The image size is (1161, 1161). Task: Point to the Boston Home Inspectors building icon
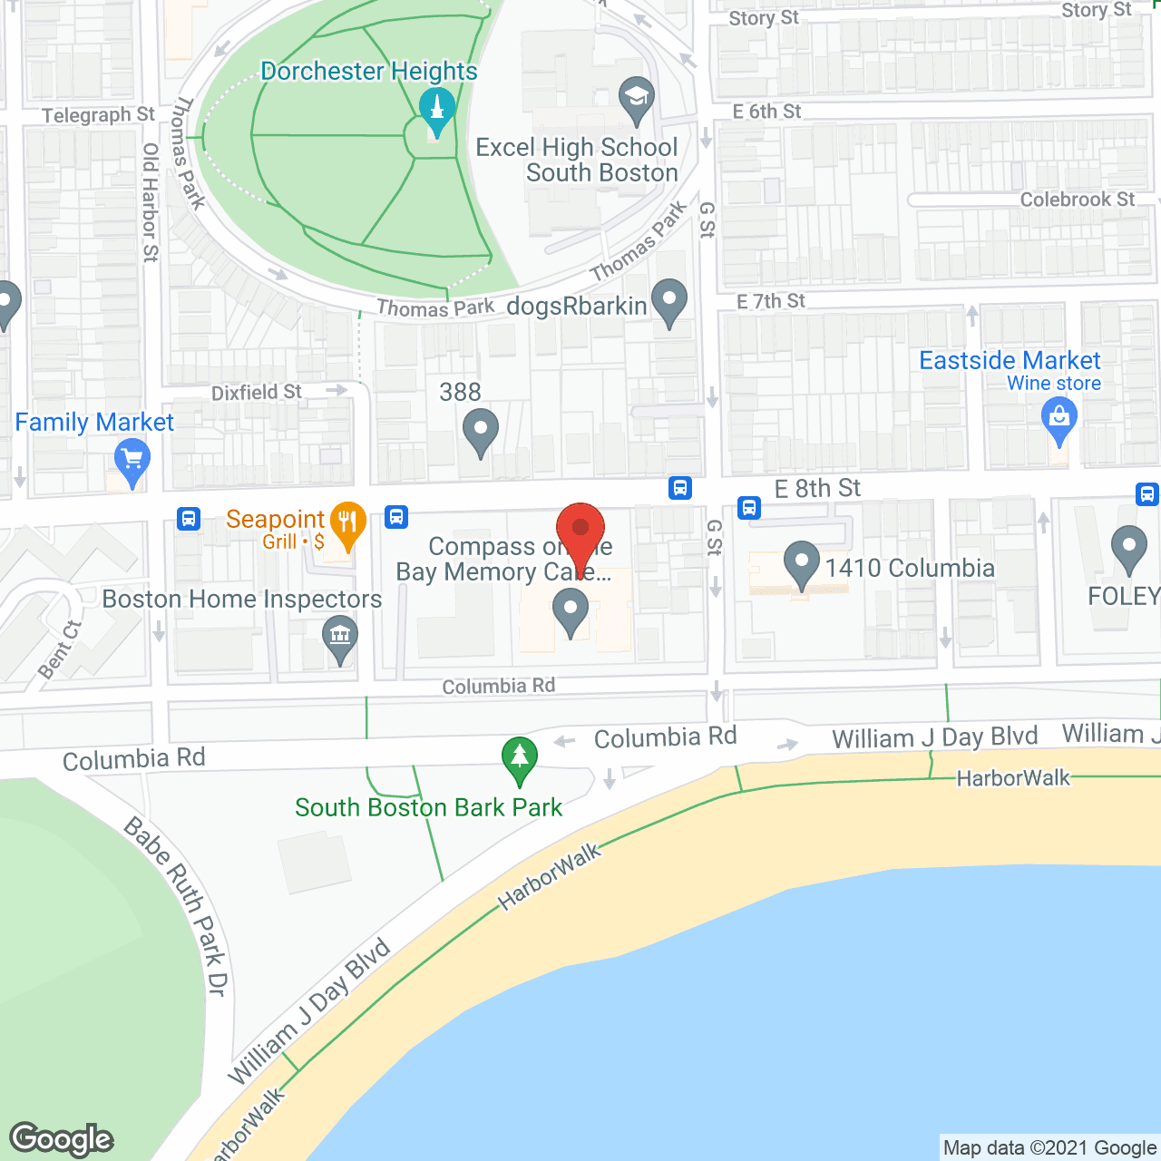[x=340, y=636]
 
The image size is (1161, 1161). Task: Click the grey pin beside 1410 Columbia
[x=801, y=563]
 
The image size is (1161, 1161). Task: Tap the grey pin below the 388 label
[x=481, y=431]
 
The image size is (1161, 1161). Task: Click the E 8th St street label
[x=817, y=489]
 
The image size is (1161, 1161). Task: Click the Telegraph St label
[x=99, y=115]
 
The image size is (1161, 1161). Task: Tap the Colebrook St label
[x=1078, y=200]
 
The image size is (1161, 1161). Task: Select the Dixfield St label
[x=256, y=392]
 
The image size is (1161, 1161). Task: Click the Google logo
[x=62, y=1139]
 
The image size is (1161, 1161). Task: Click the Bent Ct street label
[x=60, y=649]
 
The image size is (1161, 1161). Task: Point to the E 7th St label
[x=771, y=301]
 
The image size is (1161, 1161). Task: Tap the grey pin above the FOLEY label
[x=1129, y=548]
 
